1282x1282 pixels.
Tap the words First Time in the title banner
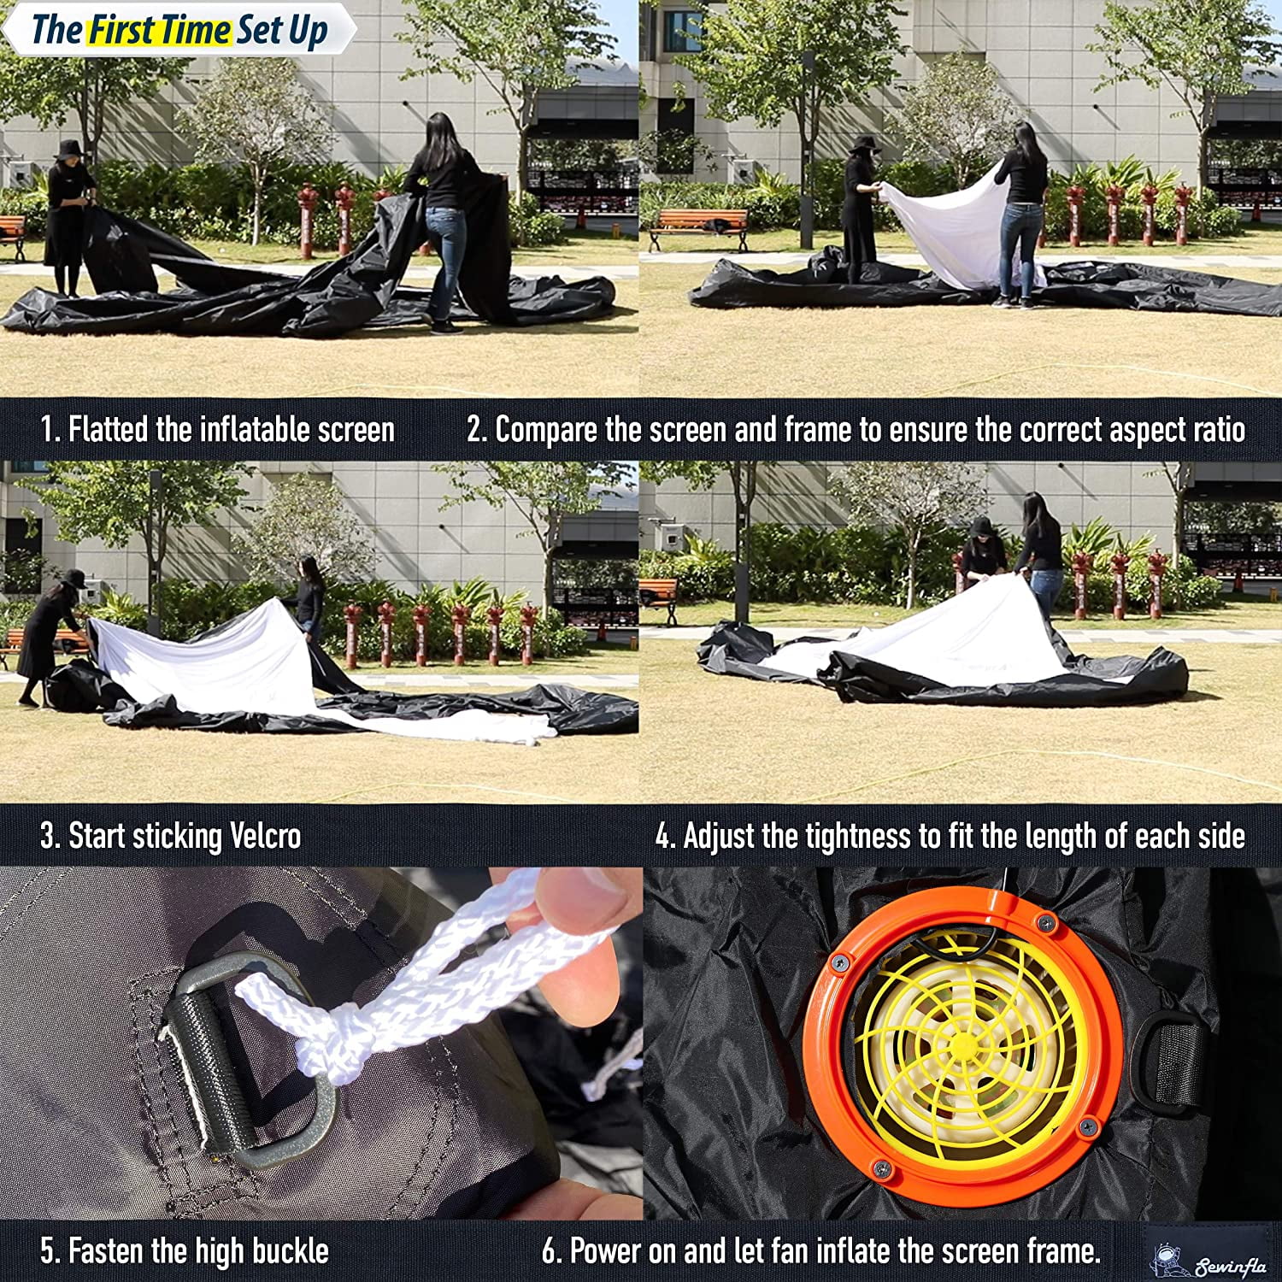[160, 31]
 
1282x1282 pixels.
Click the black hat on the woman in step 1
[68, 150]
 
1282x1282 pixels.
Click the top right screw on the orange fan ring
[1044, 921]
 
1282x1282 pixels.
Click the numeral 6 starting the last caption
[550, 1251]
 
